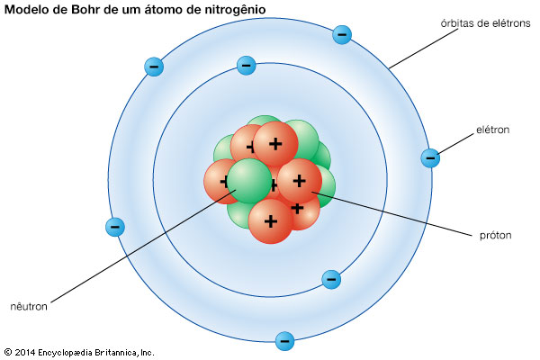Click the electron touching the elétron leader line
[x=430, y=158]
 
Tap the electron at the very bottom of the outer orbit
[x=284, y=341]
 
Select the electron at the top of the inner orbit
[x=247, y=66]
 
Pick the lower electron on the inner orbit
[x=331, y=279]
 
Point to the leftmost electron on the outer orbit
[x=115, y=227]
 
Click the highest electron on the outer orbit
[x=342, y=34]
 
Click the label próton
[x=495, y=236]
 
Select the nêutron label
[x=29, y=306]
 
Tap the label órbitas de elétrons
[x=485, y=23]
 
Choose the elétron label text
[x=492, y=130]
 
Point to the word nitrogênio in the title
[x=235, y=10]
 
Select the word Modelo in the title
[x=26, y=10]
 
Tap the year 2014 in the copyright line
[x=25, y=353]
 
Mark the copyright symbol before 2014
[x=8, y=352]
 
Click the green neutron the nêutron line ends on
[x=249, y=181]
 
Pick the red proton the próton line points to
[x=300, y=181]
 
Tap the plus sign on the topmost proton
[x=275, y=144]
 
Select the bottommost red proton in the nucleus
[x=270, y=221]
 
